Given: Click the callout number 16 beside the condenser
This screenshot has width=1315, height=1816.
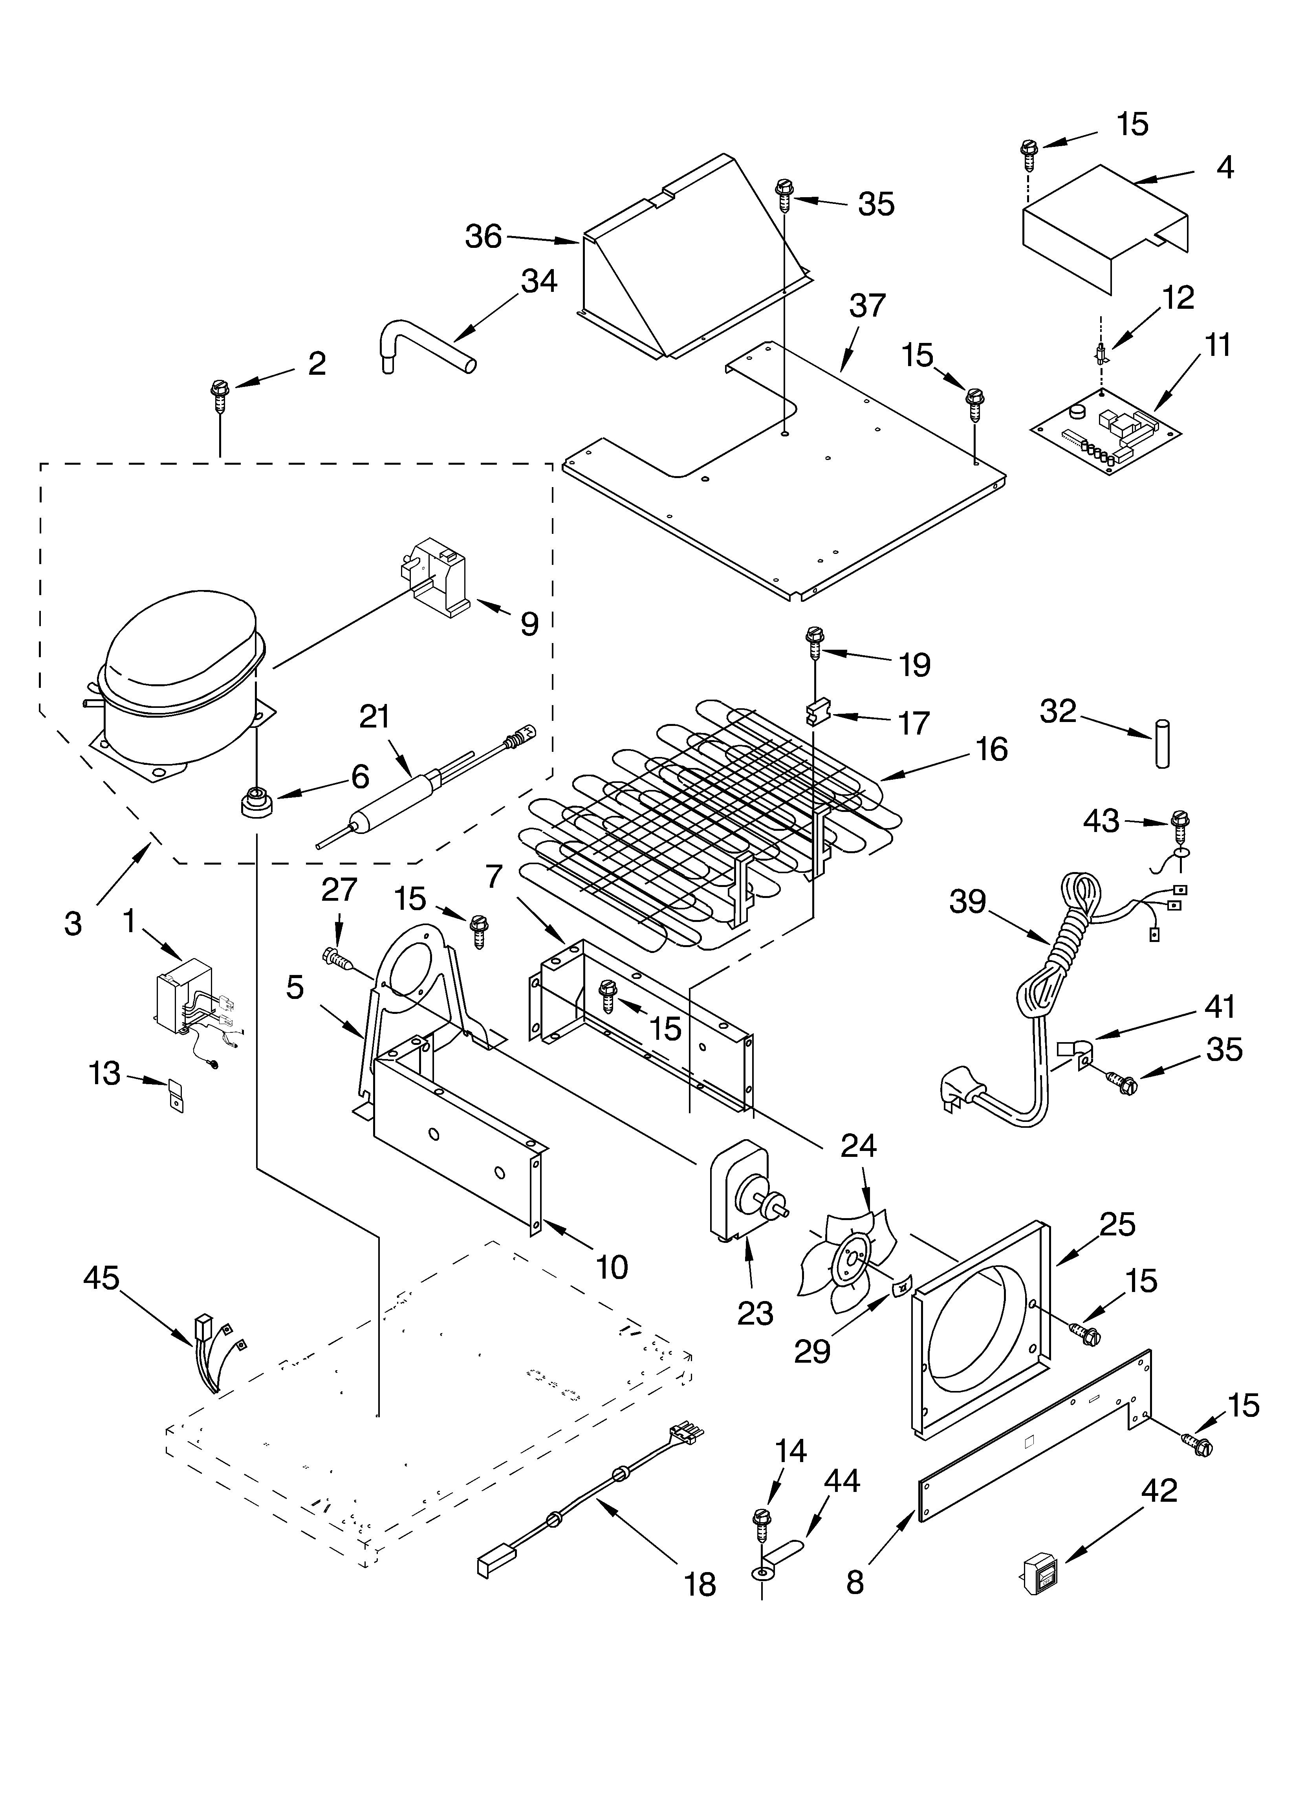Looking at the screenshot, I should tap(991, 749).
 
